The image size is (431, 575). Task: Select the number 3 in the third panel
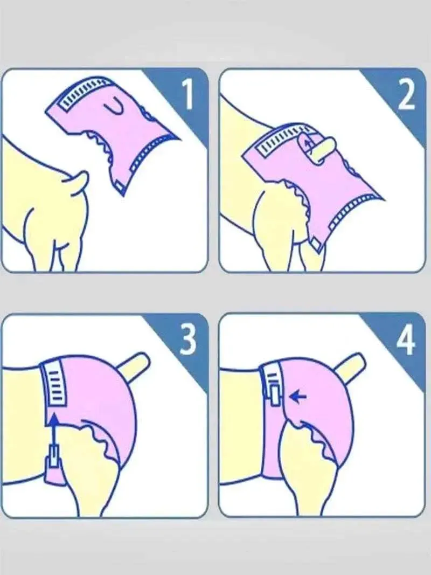[187, 339]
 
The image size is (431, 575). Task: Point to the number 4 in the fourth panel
[406, 339]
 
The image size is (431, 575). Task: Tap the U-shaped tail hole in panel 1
[115, 107]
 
